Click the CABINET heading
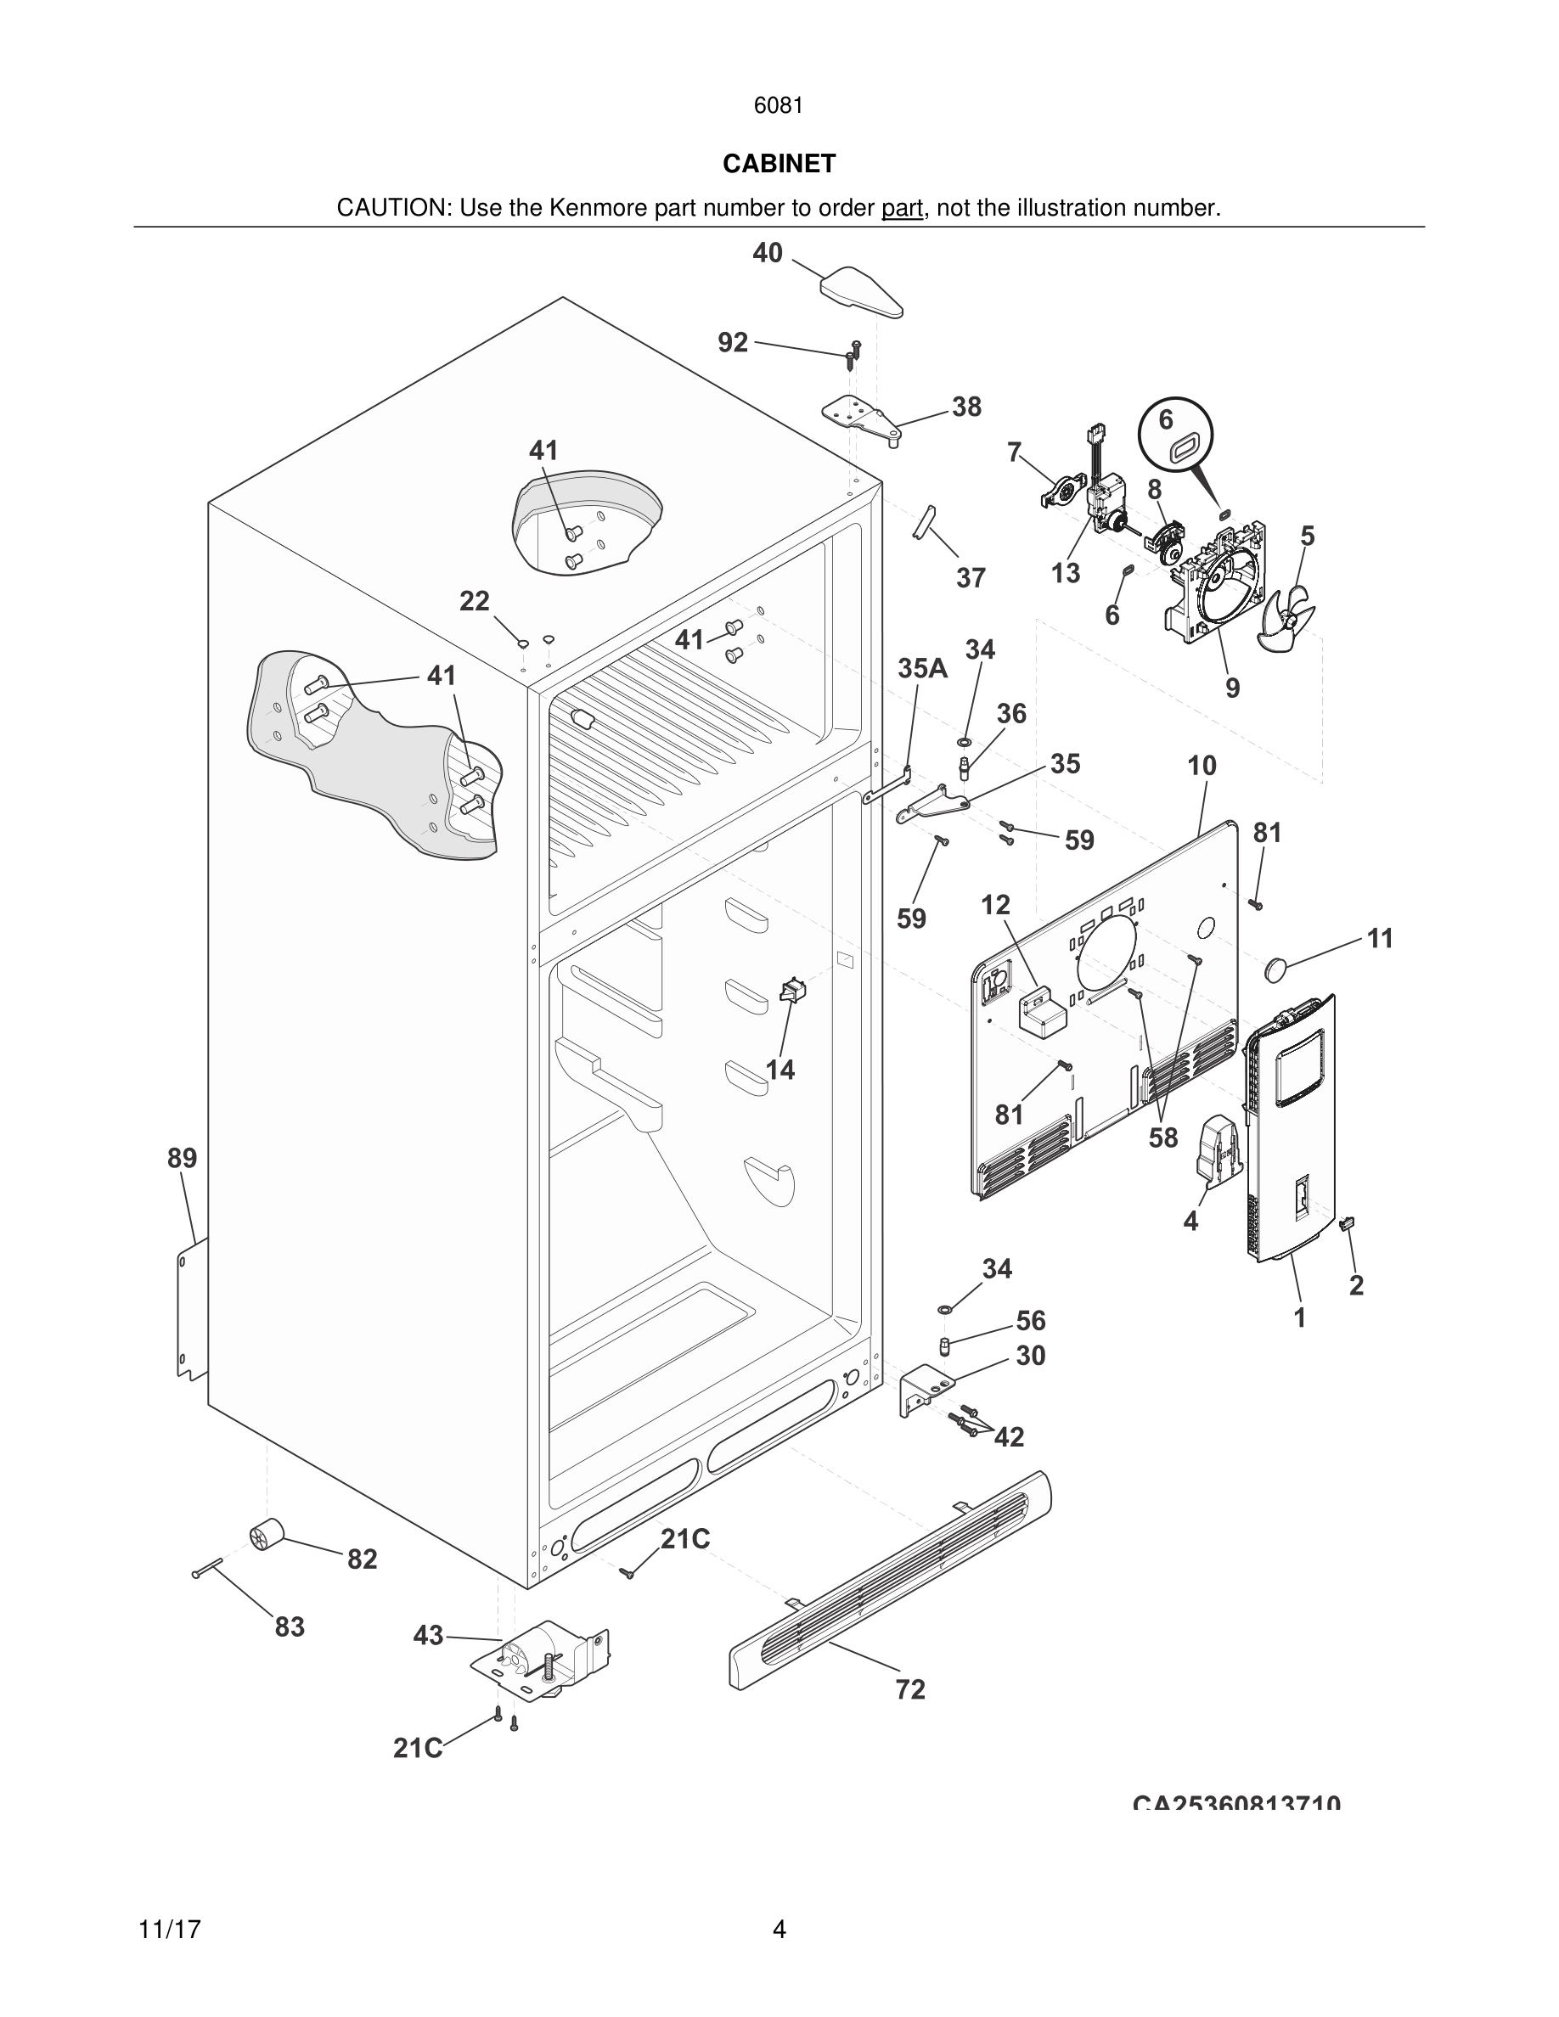(x=779, y=164)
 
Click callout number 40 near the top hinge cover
(x=768, y=253)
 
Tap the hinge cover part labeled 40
(x=861, y=291)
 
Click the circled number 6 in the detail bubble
(x=1167, y=420)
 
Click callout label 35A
(x=922, y=669)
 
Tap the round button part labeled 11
(x=1275, y=969)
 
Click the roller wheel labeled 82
(x=266, y=1534)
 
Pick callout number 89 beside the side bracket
(x=182, y=1158)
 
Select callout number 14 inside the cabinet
(x=780, y=1070)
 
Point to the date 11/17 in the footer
(x=170, y=1930)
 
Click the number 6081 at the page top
(x=779, y=106)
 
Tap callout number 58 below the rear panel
(x=1162, y=1138)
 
